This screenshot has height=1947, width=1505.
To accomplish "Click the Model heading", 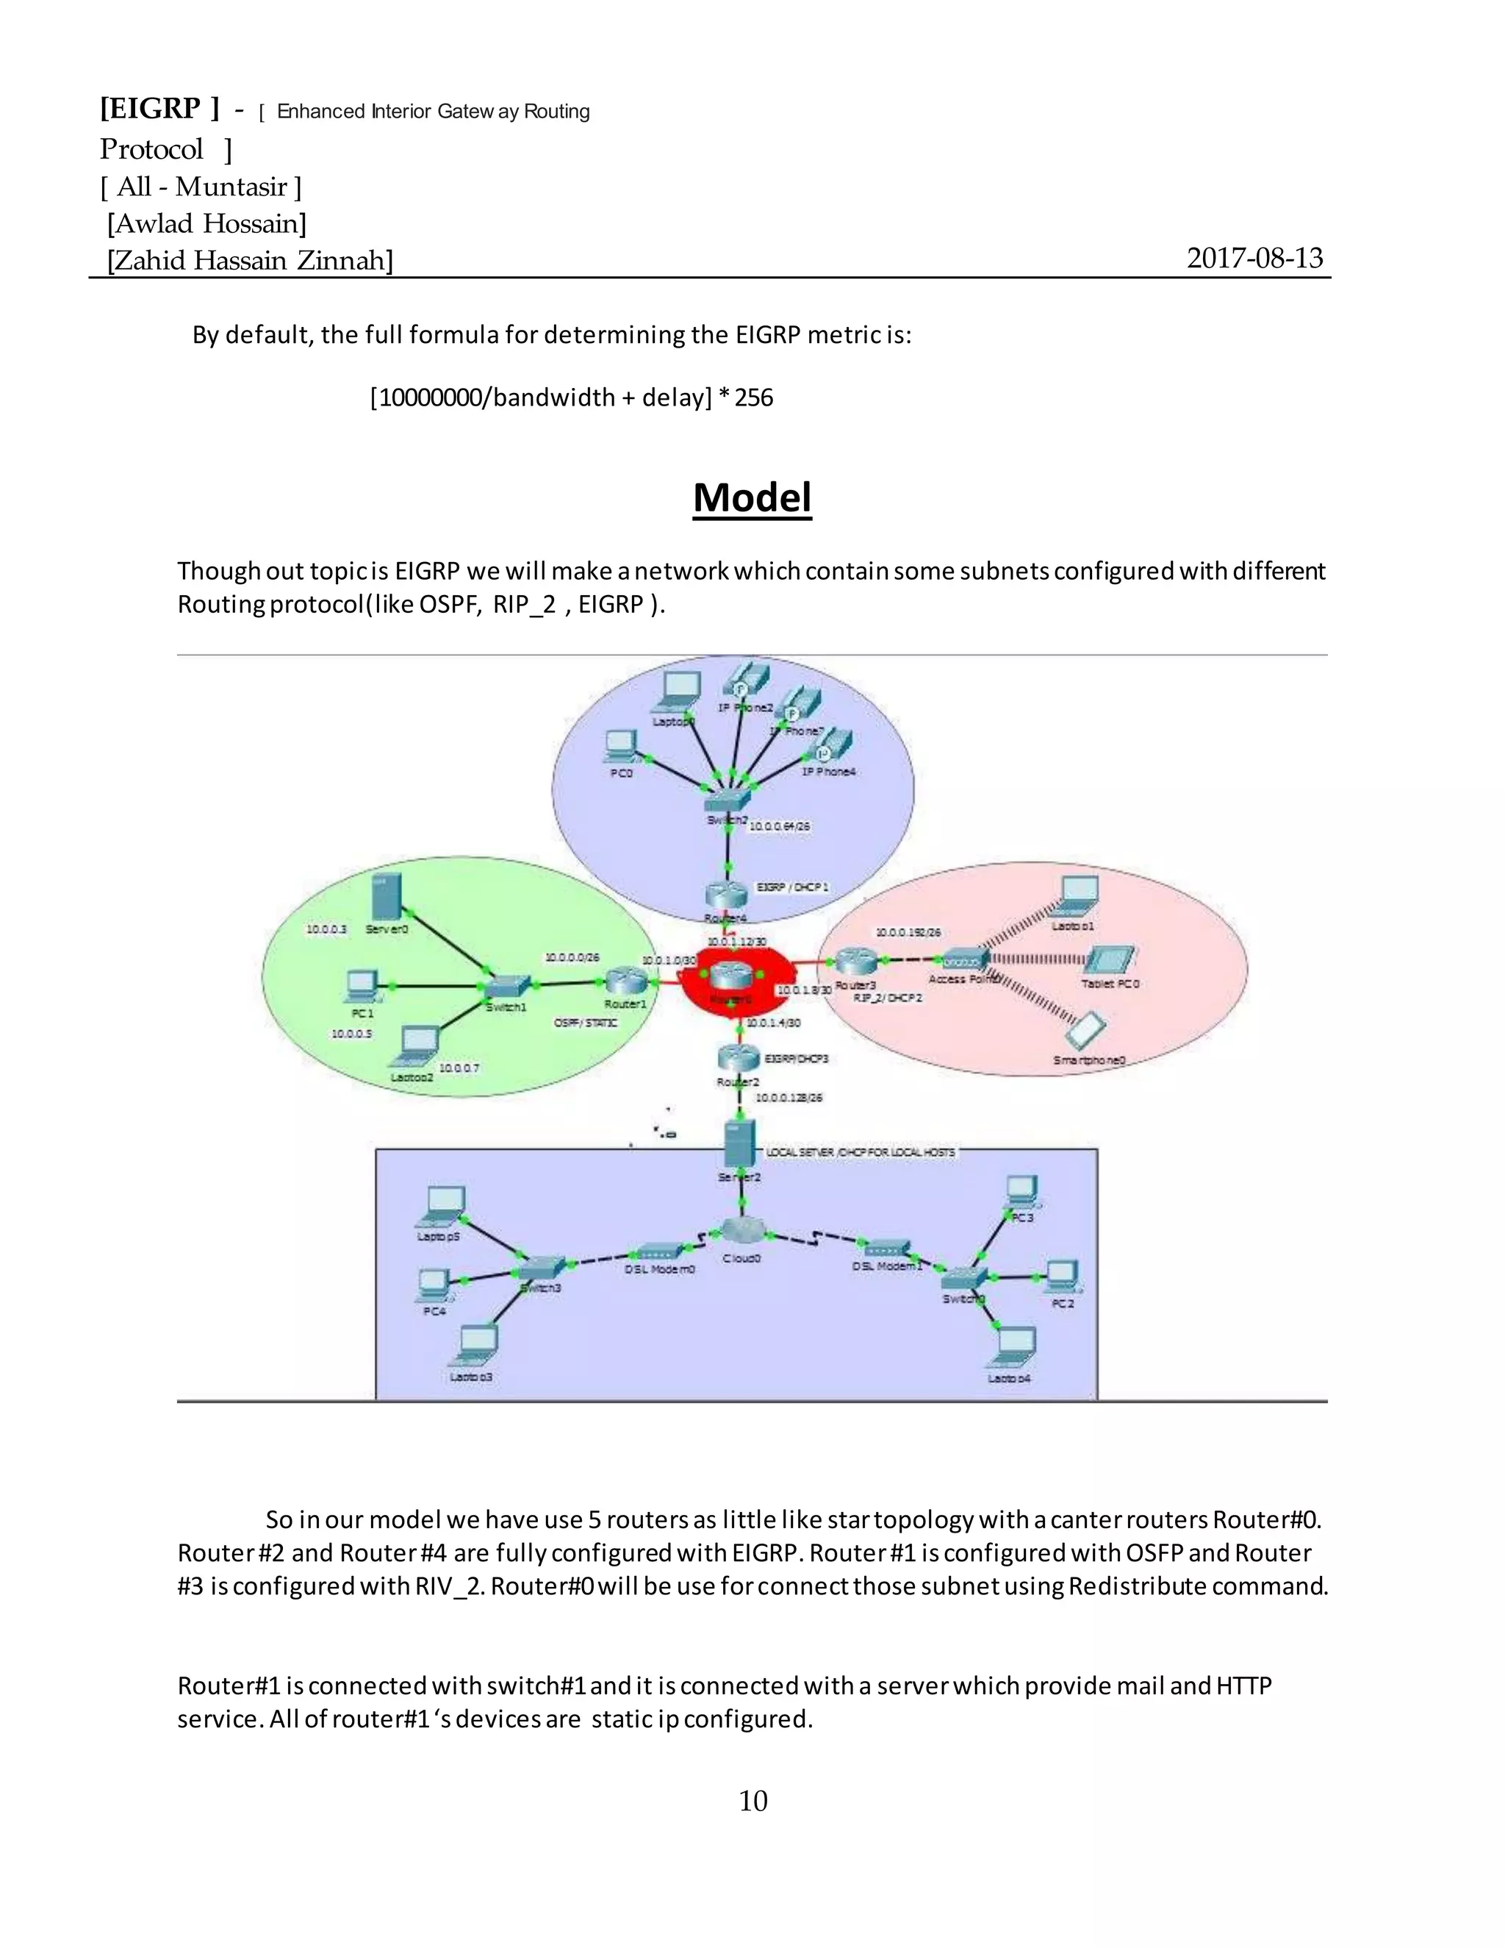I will pyautogui.click(x=752, y=497).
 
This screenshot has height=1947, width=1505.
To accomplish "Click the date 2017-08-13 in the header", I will pyautogui.click(x=1254, y=258).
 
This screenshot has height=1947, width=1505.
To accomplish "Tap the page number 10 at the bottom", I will pyautogui.click(x=752, y=1801).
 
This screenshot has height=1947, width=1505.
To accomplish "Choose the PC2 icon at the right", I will pyautogui.click(x=1062, y=1277).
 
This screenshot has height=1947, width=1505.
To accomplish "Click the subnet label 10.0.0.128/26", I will pyautogui.click(x=789, y=1098).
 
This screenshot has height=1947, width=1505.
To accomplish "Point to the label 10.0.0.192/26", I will pyautogui.click(x=908, y=932).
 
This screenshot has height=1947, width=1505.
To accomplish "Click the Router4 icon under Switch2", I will pyautogui.click(x=727, y=894).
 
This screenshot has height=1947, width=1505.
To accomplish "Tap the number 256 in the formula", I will pyautogui.click(x=753, y=397).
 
